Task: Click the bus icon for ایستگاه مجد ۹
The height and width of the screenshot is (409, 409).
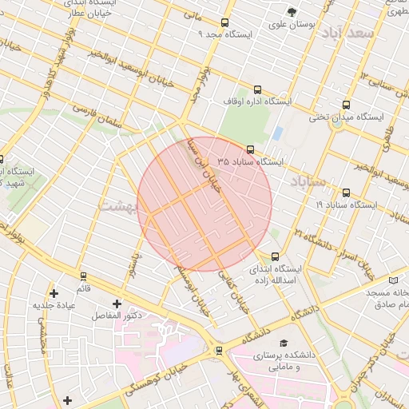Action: tap(224, 22)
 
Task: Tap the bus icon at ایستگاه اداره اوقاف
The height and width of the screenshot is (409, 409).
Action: tap(257, 90)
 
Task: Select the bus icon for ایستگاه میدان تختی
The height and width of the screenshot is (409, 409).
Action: tap(346, 105)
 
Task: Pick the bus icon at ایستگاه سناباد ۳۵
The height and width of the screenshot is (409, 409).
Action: tap(250, 149)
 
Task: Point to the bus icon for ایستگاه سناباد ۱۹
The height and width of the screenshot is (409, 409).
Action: tap(346, 193)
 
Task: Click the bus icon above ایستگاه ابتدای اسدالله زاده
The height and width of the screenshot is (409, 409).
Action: tap(276, 256)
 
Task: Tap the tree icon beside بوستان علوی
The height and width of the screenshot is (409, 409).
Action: tap(292, 12)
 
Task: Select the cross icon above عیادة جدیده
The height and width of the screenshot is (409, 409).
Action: tap(54, 293)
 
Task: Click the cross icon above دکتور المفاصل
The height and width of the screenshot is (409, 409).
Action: tap(117, 304)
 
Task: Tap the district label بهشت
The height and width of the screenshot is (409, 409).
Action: tap(117, 206)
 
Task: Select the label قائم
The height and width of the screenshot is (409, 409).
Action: tap(83, 287)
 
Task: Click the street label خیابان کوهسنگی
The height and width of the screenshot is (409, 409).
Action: tap(157, 377)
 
